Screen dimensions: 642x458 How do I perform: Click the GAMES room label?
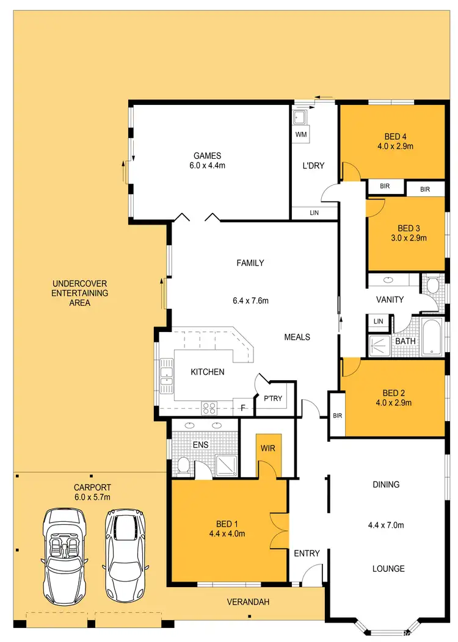coord(208,156)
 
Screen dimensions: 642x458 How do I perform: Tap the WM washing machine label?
coord(300,134)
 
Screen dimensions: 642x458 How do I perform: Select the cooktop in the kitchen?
coord(209,407)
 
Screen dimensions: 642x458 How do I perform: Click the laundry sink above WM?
coord(300,118)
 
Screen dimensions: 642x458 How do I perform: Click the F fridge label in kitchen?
coord(242,407)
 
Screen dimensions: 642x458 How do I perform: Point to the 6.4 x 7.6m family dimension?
coord(251,300)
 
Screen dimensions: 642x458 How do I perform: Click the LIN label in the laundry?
coord(314,212)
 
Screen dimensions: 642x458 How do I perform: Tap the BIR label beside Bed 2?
coord(338,415)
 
